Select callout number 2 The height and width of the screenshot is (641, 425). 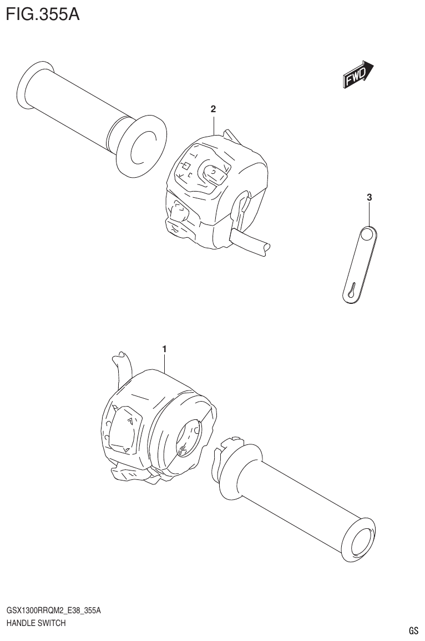tap(213, 109)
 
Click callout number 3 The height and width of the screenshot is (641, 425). tap(369, 197)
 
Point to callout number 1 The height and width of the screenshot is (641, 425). tap(164, 348)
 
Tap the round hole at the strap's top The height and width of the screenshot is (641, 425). tap(367, 236)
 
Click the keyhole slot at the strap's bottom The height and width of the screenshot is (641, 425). tap(351, 290)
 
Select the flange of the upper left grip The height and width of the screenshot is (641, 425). tap(141, 147)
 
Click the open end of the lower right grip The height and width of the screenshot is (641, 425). tap(359, 540)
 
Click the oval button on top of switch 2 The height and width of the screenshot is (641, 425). tap(214, 174)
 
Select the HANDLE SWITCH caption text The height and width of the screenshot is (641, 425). tap(36, 623)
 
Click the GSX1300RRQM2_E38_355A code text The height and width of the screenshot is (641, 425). tap(53, 611)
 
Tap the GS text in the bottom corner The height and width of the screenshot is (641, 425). tap(413, 630)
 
